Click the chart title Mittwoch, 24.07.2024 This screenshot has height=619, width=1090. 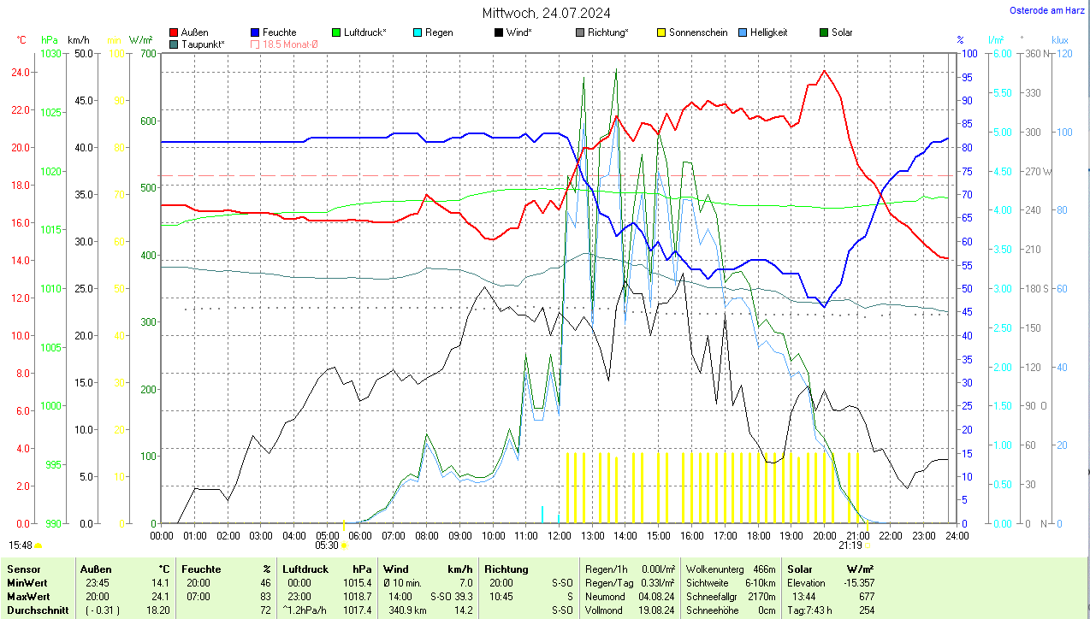pos(546,13)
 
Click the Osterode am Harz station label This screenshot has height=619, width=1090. pos(1046,10)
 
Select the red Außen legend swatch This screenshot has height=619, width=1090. pos(175,32)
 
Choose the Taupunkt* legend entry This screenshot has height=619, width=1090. pos(203,44)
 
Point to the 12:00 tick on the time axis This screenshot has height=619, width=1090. pos(559,536)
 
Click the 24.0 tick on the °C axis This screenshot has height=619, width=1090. pos(20,72)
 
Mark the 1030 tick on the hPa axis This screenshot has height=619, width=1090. pos(51,53)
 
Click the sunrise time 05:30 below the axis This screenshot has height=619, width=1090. pos(327,545)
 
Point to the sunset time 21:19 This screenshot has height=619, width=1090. pos(850,545)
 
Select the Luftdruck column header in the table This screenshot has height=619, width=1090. pos(305,569)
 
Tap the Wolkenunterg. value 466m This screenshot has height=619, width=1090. pos(763,569)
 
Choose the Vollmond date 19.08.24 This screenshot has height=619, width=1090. pos(657,610)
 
